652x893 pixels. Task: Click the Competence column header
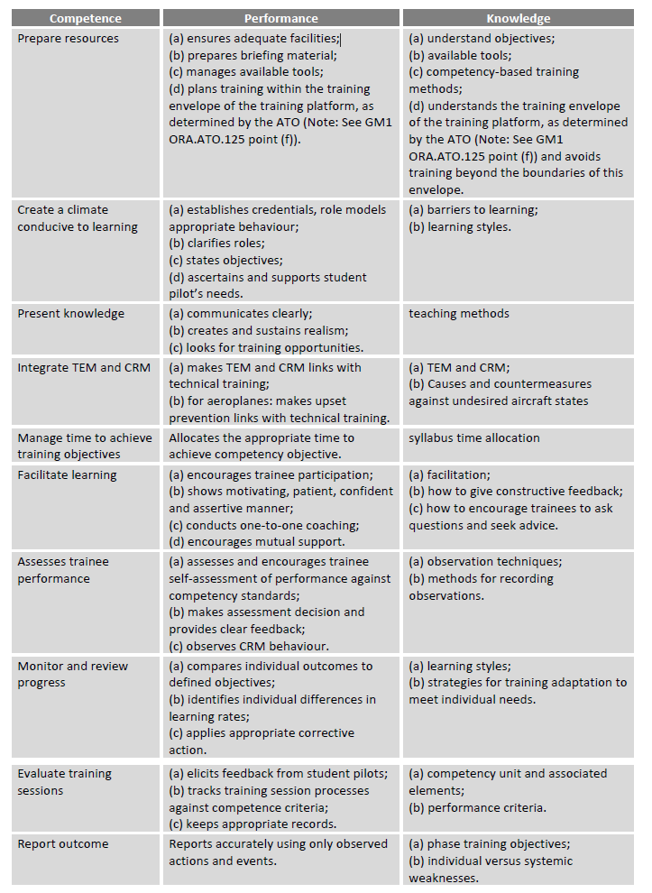86,18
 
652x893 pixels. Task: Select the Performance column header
280,18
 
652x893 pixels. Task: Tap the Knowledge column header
518,18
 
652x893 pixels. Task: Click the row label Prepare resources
68,38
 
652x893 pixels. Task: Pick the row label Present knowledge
70,314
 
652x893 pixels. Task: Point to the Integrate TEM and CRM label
84,367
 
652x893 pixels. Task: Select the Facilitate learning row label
67,474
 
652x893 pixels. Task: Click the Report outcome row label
62,843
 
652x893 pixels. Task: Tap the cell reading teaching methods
458,314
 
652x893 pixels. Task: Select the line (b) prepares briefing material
253,55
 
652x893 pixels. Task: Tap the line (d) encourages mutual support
257,542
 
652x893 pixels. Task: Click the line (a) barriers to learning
473,209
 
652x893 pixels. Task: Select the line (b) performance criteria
477,807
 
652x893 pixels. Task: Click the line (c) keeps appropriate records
253,824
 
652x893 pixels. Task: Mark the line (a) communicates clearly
240,314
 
